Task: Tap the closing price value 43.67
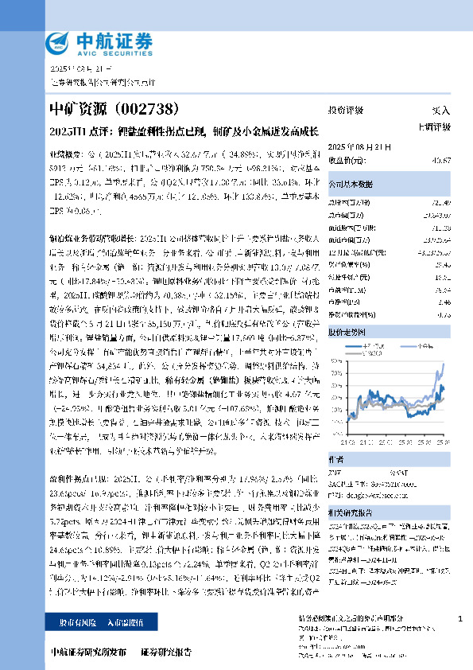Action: coord(441,159)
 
